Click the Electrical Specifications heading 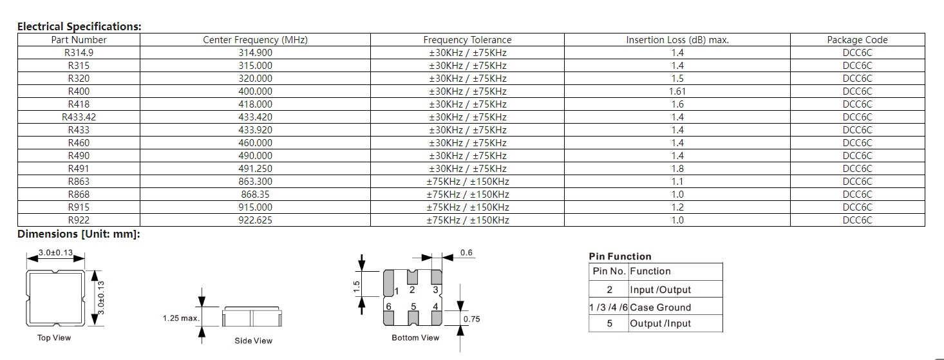(x=79, y=26)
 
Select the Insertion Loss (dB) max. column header (x=677, y=40)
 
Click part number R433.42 (x=79, y=117)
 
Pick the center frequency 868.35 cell (x=255, y=194)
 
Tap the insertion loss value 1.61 (x=677, y=91)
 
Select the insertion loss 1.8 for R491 (x=677, y=169)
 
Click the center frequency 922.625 (x=255, y=220)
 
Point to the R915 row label (x=79, y=207)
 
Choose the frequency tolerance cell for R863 (x=467, y=182)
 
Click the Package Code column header (x=857, y=40)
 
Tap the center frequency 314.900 (x=255, y=53)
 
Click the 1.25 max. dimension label (x=181, y=318)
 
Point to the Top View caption (x=54, y=337)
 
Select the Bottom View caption (x=415, y=337)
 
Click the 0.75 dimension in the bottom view (x=471, y=319)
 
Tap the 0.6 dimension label (x=466, y=252)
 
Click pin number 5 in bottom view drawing (x=413, y=306)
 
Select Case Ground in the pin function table (x=660, y=307)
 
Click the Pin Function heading (x=619, y=256)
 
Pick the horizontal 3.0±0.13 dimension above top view (x=55, y=252)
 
